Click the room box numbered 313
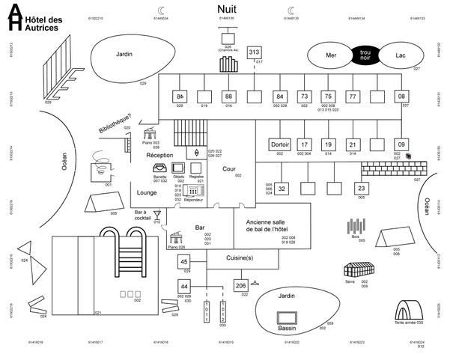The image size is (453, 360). click(x=254, y=52)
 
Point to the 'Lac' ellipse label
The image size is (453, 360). click(x=400, y=55)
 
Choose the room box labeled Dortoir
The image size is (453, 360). click(x=279, y=144)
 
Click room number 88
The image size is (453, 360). click(x=229, y=97)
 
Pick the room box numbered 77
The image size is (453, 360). click(x=352, y=97)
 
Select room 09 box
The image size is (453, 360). click(x=401, y=144)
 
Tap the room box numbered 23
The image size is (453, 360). click(x=361, y=189)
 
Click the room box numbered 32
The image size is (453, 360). click(x=282, y=189)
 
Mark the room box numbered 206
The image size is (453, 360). click(x=241, y=286)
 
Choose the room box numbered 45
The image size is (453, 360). click(x=184, y=261)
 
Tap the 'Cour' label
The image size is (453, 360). click(x=229, y=168)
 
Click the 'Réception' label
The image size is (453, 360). click(x=160, y=155)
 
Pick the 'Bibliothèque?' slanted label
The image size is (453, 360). click(x=115, y=124)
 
